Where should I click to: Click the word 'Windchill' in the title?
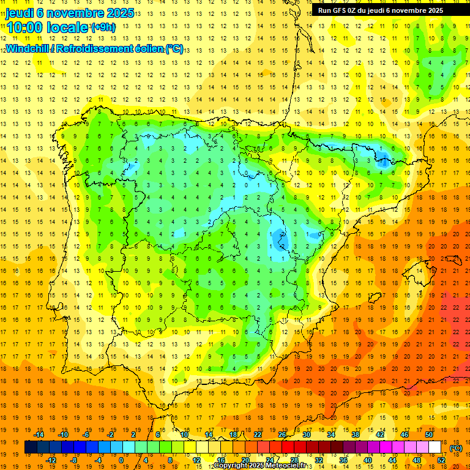27,48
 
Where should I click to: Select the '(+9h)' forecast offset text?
102,28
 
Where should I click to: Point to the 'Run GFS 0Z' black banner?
381,10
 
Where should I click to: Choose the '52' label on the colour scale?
441,460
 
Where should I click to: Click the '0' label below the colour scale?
121,460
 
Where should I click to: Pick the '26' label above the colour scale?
282,435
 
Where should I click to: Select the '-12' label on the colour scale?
51,460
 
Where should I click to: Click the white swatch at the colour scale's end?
435,447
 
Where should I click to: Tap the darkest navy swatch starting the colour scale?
31,447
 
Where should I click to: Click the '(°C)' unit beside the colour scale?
455,448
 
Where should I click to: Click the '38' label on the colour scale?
355,435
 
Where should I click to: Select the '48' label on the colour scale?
417,460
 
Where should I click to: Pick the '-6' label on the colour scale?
87,435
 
